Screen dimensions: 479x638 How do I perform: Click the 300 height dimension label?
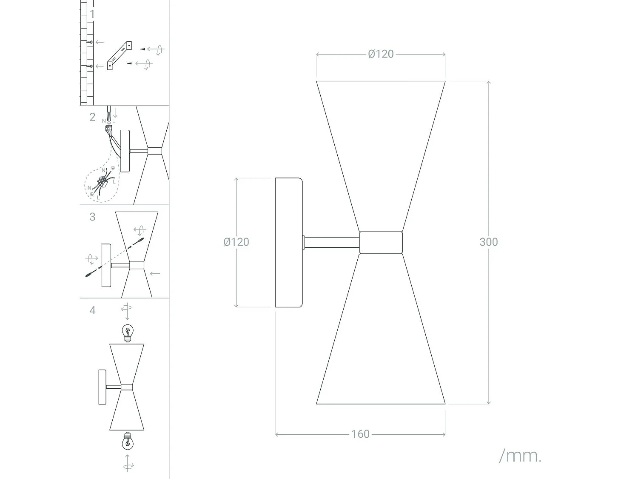pyautogui.click(x=488, y=242)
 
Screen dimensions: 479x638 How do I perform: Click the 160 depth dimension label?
pyautogui.click(x=360, y=434)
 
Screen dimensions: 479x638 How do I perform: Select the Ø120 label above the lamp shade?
pyautogui.click(x=381, y=54)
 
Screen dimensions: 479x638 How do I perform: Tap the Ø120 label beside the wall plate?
pyautogui.click(x=236, y=242)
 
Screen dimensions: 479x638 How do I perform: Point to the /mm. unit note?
pyautogui.click(x=520, y=456)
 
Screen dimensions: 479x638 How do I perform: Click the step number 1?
pyautogui.click(x=92, y=14)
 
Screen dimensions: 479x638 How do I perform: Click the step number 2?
pyautogui.click(x=92, y=117)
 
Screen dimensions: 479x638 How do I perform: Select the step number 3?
pyautogui.click(x=92, y=217)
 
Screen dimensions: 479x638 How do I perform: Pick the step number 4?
pyautogui.click(x=92, y=310)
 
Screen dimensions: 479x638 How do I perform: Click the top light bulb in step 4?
pyautogui.click(x=127, y=332)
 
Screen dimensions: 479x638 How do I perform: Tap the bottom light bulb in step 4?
pyautogui.click(x=127, y=441)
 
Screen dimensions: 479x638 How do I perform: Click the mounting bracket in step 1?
pyautogui.click(x=120, y=55)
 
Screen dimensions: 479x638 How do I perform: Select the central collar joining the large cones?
pyautogui.click(x=381, y=242)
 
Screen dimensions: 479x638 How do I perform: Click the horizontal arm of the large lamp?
pyautogui.click(x=332, y=243)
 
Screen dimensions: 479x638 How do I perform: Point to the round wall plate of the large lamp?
pyautogui.click(x=289, y=242)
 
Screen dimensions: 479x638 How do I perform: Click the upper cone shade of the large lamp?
pyautogui.click(x=381, y=145)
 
